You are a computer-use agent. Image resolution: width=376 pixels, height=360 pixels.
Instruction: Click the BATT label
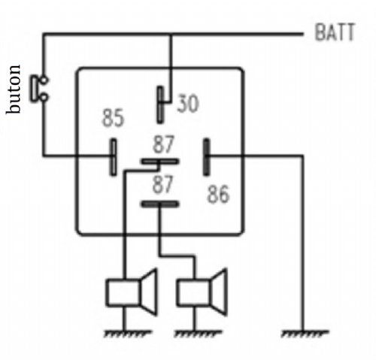click(335, 32)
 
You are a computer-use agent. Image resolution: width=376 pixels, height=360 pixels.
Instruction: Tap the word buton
click(13, 89)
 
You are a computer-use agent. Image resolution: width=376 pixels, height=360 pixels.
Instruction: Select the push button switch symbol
click(39, 89)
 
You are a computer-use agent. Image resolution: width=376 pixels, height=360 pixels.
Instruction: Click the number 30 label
click(188, 103)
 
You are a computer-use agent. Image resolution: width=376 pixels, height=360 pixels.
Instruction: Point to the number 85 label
click(113, 117)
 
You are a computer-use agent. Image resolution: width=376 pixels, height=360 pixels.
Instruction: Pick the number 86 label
click(218, 194)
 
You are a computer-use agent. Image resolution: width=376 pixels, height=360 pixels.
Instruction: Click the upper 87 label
click(163, 144)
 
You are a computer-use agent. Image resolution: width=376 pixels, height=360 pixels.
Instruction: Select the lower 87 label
click(163, 184)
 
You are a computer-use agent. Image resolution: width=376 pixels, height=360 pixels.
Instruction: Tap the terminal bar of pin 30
click(160, 104)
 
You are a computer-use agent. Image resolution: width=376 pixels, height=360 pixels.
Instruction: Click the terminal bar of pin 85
click(114, 157)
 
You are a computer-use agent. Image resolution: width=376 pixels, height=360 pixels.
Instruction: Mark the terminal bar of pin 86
click(206, 157)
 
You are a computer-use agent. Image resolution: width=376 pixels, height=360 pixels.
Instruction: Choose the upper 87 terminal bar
click(160, 162)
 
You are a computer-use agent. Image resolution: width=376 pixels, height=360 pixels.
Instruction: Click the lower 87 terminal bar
click(160, 204)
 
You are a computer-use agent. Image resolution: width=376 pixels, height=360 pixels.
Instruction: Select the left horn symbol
click(132, 292)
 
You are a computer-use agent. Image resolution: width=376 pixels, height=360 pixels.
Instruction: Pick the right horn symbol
click(202, 292)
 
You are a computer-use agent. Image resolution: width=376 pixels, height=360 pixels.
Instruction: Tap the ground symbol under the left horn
click(127, 334)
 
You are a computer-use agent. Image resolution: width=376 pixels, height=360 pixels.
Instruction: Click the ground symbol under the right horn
click(198, 334)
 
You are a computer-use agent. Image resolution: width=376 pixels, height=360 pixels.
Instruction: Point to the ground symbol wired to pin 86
click(305, 334)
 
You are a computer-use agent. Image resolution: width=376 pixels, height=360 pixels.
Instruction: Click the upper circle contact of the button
click(44, 80)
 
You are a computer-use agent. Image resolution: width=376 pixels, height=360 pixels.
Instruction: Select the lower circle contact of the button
click(44, 97)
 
